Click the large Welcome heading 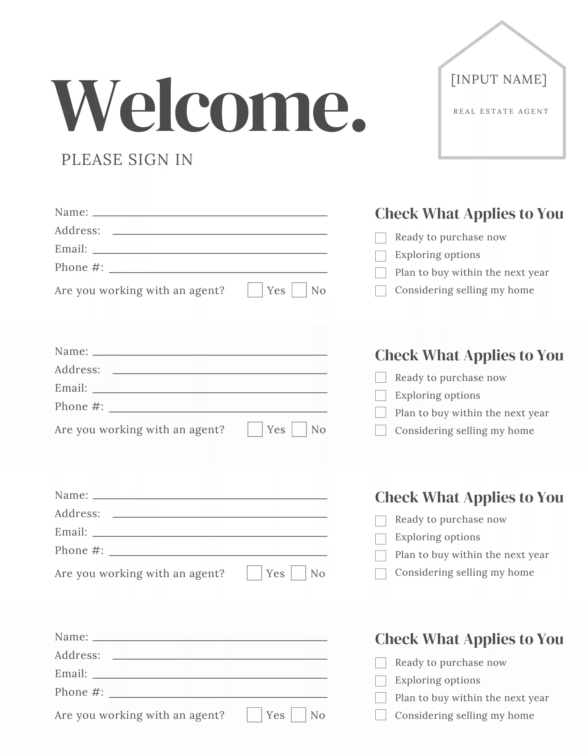point(208,106)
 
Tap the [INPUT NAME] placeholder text point(499,79)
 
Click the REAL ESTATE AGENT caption point(501,112)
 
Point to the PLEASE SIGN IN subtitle point(127,160)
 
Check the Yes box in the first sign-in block point(255,290)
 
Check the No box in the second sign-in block point(299,429)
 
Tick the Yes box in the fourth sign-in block point(254,715)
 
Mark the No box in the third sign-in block point(298,573)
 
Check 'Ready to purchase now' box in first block point(380,238)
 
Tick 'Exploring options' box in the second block point(380,396)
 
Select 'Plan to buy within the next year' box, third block point(380,555)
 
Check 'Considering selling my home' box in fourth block point(380,715)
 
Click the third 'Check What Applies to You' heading point(469,497)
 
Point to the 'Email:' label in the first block point(71,249)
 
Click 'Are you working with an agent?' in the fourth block point(139,715)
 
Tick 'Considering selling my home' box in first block point(380,291)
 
